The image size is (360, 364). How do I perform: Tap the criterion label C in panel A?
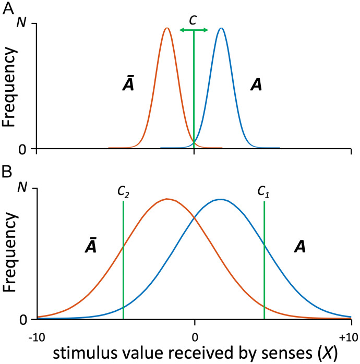point(194,19)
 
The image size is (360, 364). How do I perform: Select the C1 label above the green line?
point(265,191)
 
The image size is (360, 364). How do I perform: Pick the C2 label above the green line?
point(123,191)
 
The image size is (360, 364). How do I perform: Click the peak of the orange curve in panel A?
point(166,28)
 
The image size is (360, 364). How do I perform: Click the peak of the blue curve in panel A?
point(221,28)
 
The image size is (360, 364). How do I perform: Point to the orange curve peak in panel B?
point(167,199)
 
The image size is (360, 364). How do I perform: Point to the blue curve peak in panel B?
point(221,199)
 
